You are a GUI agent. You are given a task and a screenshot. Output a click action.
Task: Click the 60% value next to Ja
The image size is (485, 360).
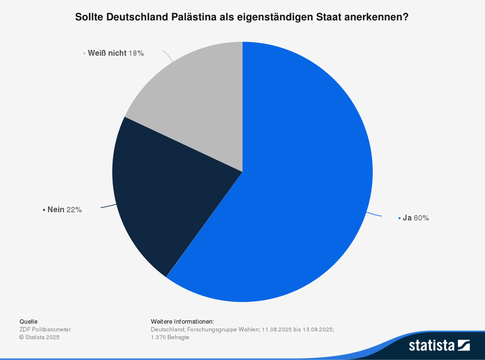tap(421, 218)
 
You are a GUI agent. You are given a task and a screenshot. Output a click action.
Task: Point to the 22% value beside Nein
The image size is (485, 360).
tap(74, 210)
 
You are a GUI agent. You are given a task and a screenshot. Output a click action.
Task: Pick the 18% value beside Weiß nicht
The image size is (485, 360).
tap(136, 53)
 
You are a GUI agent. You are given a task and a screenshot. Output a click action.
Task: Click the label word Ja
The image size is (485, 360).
tap(407, 218)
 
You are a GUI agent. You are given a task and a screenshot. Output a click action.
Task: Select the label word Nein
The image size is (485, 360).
tap(56, 210)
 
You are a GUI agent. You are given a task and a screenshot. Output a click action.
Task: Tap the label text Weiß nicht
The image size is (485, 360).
tap(107, 53)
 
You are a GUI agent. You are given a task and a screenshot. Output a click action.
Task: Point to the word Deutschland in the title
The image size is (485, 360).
tap(137, 17)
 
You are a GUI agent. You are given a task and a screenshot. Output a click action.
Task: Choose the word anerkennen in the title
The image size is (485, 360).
tap(378, 17)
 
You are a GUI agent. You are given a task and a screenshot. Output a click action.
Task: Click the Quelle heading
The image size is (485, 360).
tap(28, 321)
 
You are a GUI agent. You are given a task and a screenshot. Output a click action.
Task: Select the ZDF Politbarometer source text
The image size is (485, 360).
tap(45, 329)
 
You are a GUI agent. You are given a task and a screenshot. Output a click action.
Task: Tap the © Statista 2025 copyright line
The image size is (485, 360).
tap(39, 337)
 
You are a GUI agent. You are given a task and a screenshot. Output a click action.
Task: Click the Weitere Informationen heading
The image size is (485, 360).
tap(182, 321)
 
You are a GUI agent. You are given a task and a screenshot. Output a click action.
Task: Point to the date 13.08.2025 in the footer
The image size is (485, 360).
tap(318, 329)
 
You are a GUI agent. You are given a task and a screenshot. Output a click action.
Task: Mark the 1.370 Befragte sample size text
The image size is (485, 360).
tap(170, 337)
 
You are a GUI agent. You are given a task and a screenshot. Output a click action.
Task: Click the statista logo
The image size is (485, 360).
tap(439, 345)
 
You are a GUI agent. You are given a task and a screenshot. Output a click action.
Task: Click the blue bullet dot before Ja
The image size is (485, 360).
tap(399, 219)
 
